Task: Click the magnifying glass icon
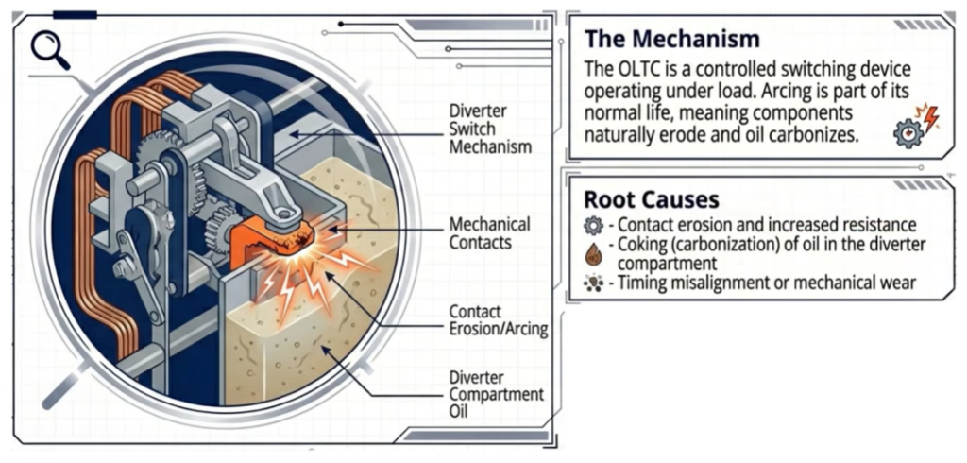point(49,49)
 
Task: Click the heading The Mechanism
point(671,39)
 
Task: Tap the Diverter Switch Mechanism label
point(489,129)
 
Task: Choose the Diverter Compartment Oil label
point(494,393)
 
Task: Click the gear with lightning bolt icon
point(915,126)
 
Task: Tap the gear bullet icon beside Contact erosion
point(594,226)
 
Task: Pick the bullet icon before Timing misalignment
point(594,283)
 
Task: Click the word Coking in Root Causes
point(642,246)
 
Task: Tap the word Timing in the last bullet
point(644,283)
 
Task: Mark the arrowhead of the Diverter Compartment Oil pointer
point(326,350)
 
